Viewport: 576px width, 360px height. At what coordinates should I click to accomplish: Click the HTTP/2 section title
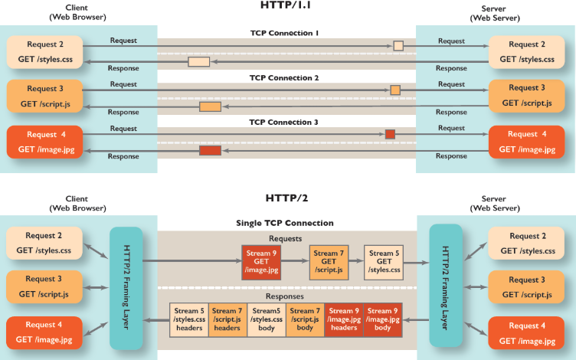tap(286, 198)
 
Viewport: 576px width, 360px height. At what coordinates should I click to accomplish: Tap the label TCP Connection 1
tap(284, 34)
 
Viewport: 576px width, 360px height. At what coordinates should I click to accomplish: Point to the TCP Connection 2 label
tap(284, 78)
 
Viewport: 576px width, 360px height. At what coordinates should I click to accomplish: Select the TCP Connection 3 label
tap(284, 123)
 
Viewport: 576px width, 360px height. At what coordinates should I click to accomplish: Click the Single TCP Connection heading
tap(285, 223)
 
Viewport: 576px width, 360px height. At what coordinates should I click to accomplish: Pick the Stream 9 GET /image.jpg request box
tap(262, 261)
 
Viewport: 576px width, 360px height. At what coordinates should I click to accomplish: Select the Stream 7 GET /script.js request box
tap(329, 261)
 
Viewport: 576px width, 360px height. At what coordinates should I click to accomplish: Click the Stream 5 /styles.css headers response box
tap(188, 320)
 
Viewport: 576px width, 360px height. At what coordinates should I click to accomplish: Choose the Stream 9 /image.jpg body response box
tap(384, 320)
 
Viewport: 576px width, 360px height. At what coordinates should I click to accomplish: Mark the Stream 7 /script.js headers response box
tap(227, 320)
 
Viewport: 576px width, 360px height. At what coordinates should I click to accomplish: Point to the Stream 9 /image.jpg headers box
tap(345, 320)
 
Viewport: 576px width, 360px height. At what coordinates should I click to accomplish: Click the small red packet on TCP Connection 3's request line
tap(390, 134)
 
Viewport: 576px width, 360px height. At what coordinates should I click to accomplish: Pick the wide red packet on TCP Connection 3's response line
tap(210, 150)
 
